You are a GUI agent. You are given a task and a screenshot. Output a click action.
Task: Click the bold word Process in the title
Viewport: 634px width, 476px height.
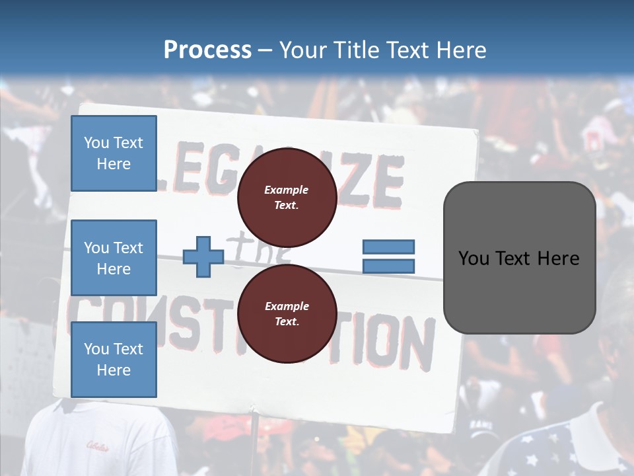[207, 50]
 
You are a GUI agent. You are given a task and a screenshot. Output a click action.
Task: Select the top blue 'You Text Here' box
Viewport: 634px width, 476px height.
[114, 153]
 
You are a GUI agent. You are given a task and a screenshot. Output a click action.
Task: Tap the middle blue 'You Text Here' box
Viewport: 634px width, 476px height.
[114, 258]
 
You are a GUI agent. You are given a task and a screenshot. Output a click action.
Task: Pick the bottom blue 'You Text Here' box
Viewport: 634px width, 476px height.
[114, 359]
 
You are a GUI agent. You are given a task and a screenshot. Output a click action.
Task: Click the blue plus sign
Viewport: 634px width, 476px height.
[203, 257]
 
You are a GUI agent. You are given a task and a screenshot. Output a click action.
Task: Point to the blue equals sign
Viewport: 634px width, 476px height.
[388, 257]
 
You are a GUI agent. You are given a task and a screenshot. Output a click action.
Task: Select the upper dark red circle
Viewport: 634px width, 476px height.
[287, 197]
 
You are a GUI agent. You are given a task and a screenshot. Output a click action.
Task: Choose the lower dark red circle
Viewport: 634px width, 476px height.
[287, 313]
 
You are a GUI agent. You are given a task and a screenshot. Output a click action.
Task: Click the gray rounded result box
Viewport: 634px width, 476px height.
[519, 257]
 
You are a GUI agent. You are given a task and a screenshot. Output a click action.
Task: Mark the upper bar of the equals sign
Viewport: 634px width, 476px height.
[388, 247]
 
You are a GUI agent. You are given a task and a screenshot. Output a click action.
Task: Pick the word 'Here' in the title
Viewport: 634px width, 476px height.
[461, 50]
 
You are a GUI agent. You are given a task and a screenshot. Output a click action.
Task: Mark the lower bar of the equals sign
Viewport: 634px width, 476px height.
[388, 266]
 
